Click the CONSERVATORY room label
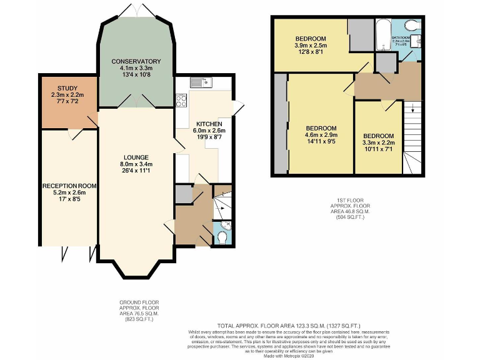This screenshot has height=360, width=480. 136,61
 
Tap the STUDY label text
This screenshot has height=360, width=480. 67,88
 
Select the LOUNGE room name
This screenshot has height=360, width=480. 136,157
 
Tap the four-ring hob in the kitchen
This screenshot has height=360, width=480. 182,100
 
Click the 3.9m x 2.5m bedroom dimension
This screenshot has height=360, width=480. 311,46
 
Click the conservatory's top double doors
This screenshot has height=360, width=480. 136,11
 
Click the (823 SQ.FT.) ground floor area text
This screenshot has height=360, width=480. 139,319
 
